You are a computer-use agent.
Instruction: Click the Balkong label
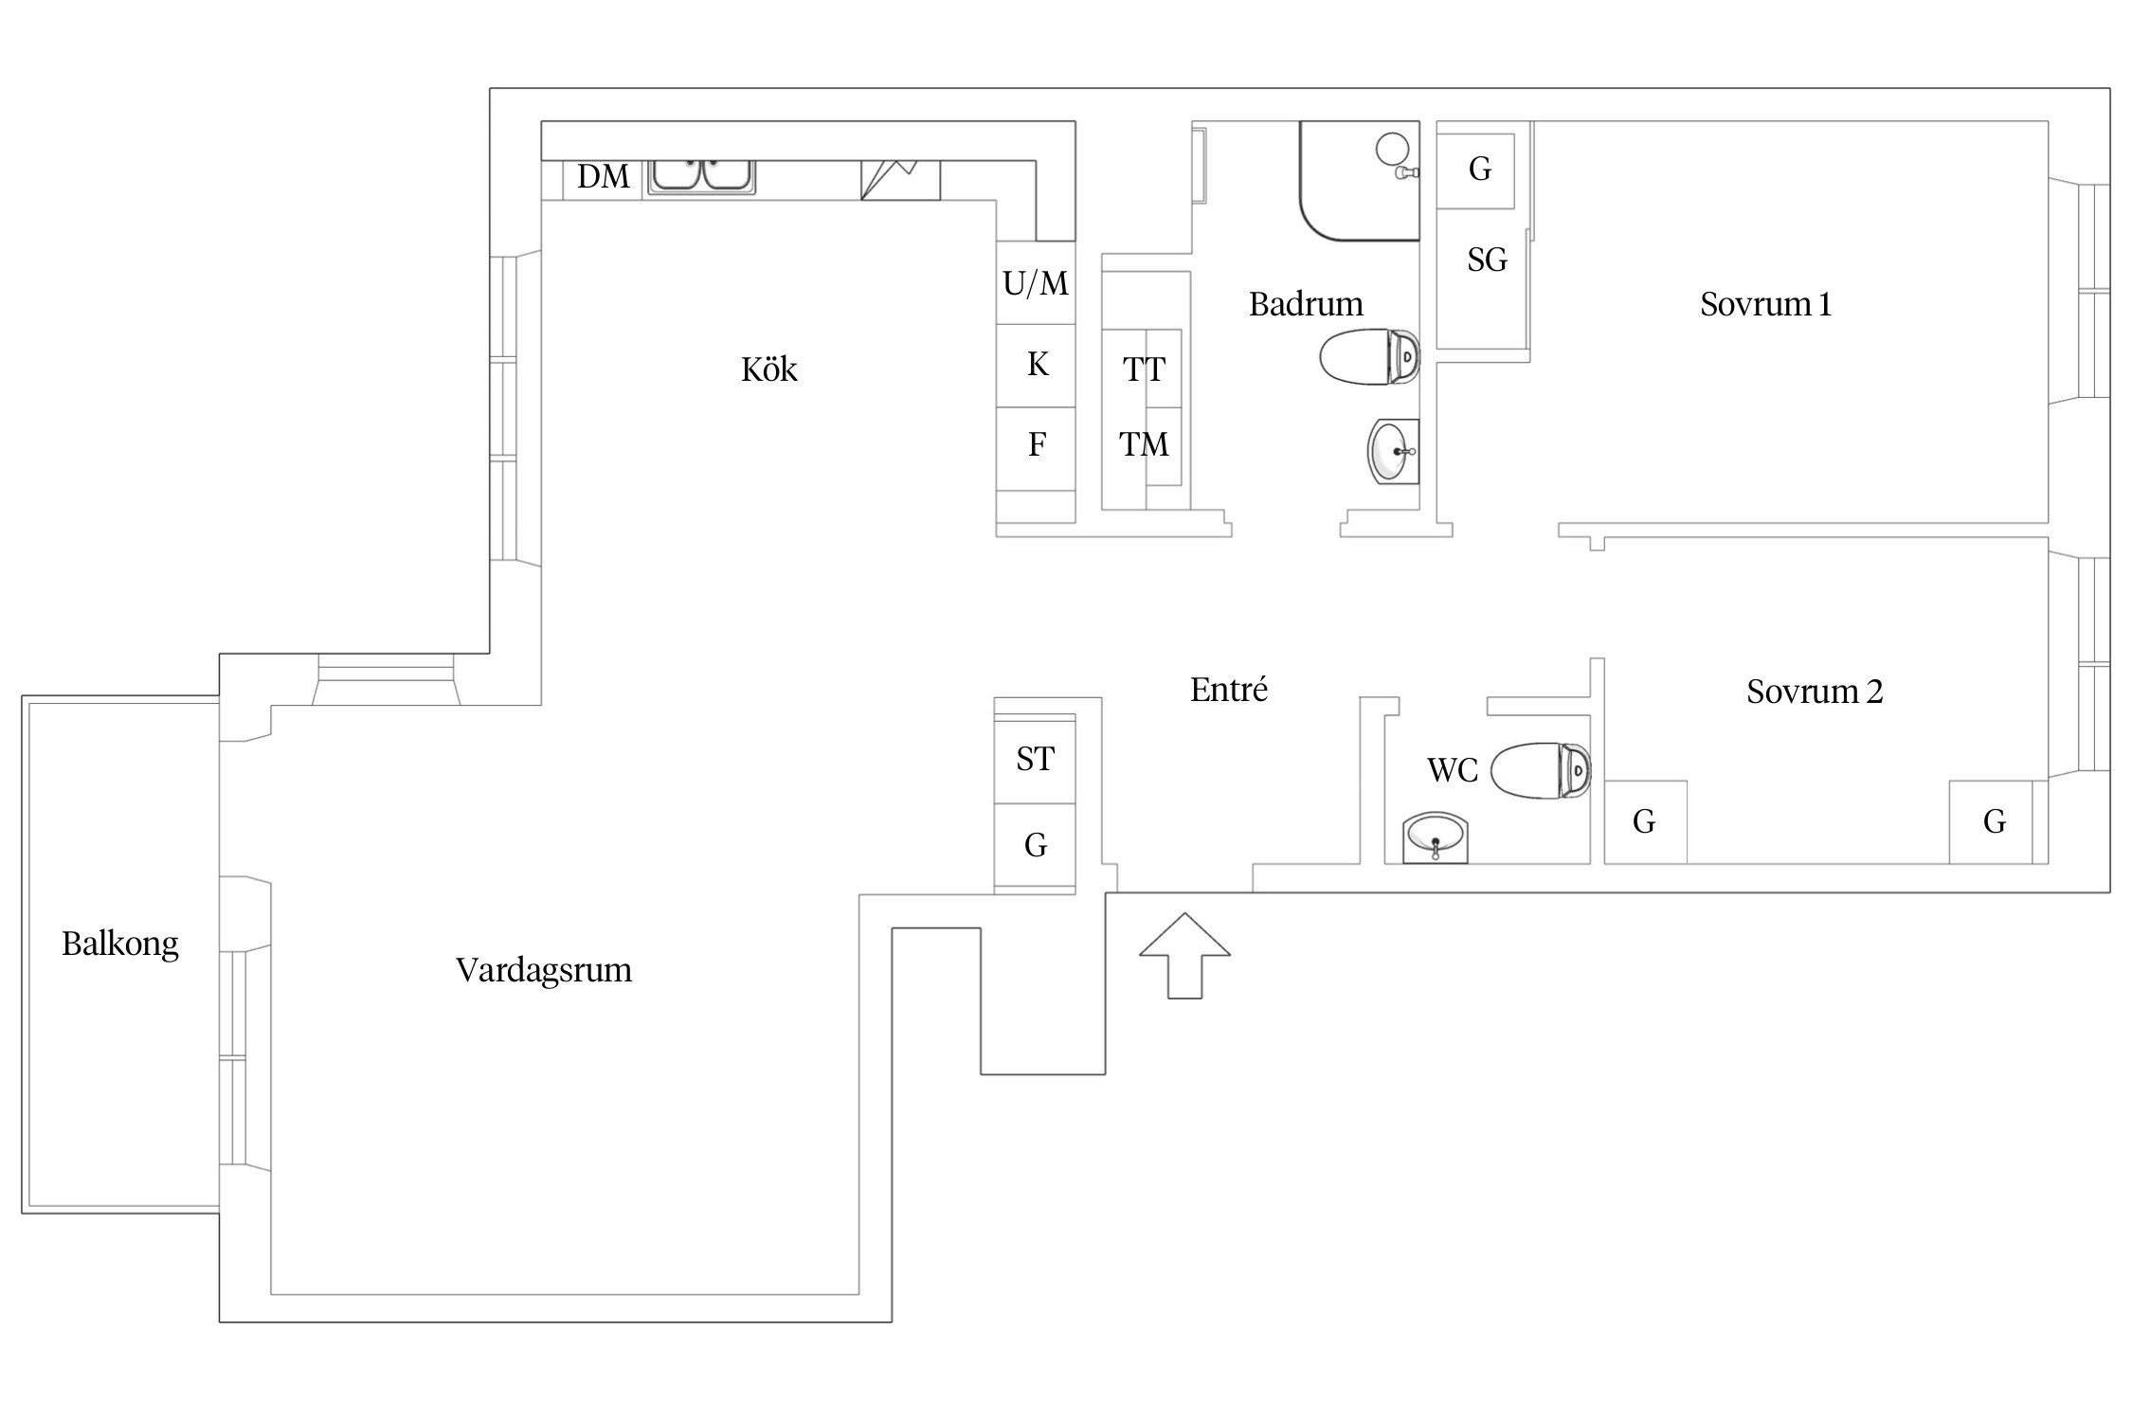120,944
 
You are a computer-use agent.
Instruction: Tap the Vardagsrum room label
544,971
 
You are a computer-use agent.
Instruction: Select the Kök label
769,369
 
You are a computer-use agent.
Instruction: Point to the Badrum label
1306,304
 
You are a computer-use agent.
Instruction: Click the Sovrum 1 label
1765,304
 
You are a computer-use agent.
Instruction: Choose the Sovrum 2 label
1815,692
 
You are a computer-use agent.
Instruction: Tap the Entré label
1229,689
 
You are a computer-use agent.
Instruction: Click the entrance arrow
1184,955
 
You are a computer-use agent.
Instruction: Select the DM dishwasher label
604,176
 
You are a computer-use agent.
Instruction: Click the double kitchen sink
701,176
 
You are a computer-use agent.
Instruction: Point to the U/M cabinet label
1036,283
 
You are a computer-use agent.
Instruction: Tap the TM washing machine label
1144,444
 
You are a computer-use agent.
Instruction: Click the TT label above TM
1144,369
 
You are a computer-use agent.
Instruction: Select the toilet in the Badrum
1369,357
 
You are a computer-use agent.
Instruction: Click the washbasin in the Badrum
1394,452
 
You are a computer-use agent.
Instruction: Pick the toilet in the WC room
1541,769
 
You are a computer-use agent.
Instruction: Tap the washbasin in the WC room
1436,837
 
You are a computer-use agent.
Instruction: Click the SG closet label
1487,260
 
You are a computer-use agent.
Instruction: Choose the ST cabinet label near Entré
1035,759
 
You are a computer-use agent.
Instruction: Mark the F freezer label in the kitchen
1037,444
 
